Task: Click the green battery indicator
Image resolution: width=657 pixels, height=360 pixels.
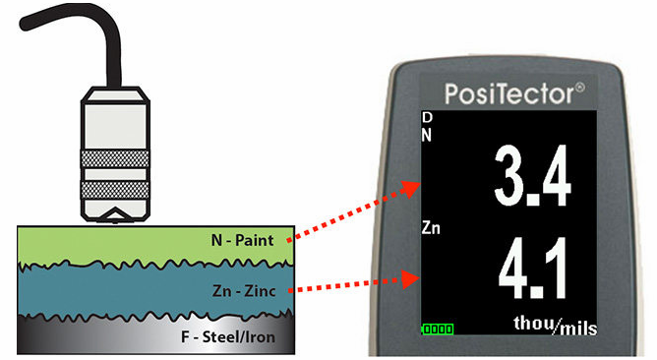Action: (x=438, y=329)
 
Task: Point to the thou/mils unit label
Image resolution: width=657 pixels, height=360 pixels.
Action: (x=556, y=325)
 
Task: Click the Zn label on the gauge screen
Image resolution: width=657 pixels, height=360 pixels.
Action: (x=431, y=228)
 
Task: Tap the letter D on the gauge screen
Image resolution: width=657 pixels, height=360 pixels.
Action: (x=427, y=118)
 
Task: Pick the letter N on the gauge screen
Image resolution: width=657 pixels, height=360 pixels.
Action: (x=427, y=134)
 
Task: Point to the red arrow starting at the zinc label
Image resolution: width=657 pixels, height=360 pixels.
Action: (x=349, y=286)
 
